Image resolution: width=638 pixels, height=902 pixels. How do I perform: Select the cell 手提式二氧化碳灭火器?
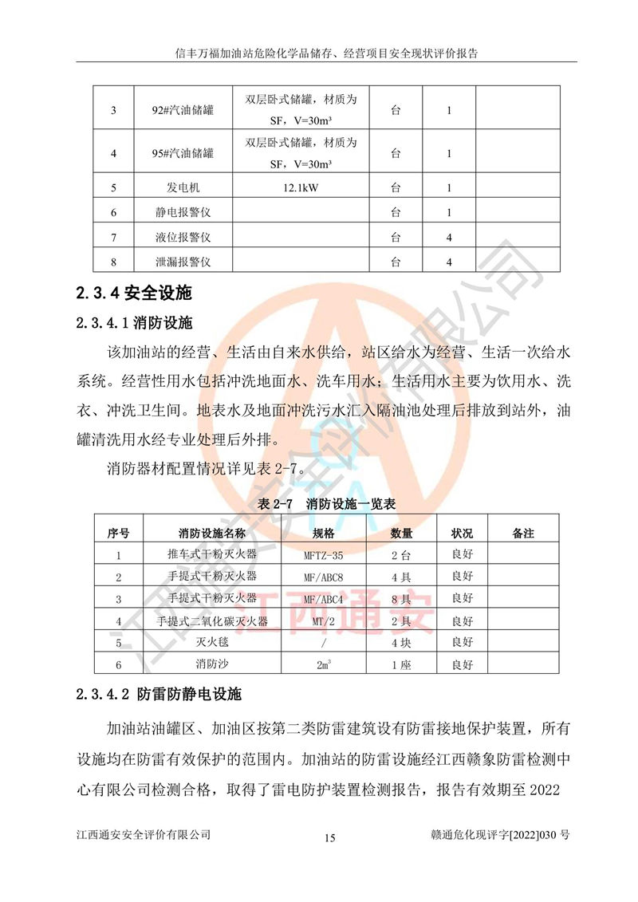[x=212, y=620]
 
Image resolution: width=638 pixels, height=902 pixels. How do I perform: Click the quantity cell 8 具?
[x=401, y=598]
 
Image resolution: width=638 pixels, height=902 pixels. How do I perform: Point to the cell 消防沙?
[x=212, y=664]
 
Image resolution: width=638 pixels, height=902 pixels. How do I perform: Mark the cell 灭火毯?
[x=212, y=642]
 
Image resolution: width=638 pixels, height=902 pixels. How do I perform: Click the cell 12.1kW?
[x=301, y=188]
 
